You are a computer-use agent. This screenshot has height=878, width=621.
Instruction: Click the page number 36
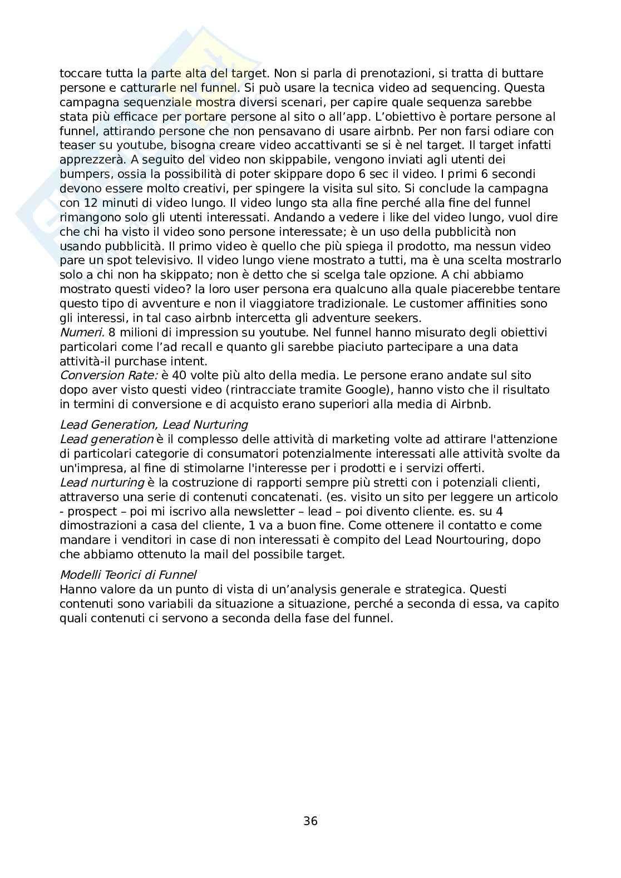click(310, 820)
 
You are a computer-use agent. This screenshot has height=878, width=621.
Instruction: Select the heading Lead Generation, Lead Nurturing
click(154, 425)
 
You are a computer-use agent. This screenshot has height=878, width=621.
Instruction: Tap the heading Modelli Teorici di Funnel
click(128, 575)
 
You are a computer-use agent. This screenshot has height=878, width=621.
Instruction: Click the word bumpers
click(84, 174)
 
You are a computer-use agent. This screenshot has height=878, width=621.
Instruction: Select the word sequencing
click(472, 88)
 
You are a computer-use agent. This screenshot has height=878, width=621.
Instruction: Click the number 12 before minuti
click(90, 203)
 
